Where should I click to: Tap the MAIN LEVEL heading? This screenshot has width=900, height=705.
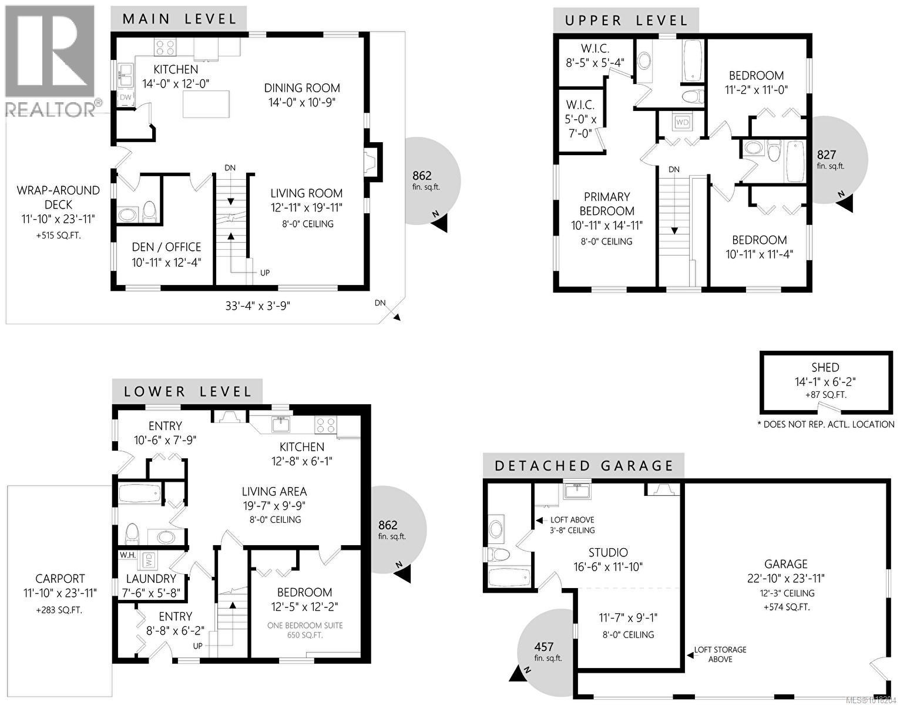179,19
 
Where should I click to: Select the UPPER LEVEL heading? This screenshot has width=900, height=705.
626,21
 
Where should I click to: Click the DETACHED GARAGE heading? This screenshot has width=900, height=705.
583,466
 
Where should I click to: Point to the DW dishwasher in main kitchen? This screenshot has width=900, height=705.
126,98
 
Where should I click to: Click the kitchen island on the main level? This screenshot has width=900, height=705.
206,105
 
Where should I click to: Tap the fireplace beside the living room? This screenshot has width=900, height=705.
371,162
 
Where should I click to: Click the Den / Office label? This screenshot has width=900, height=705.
167,247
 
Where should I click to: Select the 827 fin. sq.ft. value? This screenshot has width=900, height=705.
826,155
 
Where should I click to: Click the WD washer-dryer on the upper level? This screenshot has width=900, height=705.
681,122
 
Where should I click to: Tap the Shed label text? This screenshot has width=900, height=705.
825,368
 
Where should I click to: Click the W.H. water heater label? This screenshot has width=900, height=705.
127,555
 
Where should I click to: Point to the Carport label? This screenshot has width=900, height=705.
60,579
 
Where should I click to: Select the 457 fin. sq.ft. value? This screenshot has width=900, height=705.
544,647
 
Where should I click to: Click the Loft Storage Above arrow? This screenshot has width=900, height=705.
691,654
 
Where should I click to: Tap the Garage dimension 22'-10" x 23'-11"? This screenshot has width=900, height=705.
785,579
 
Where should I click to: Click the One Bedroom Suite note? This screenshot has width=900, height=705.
305,625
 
